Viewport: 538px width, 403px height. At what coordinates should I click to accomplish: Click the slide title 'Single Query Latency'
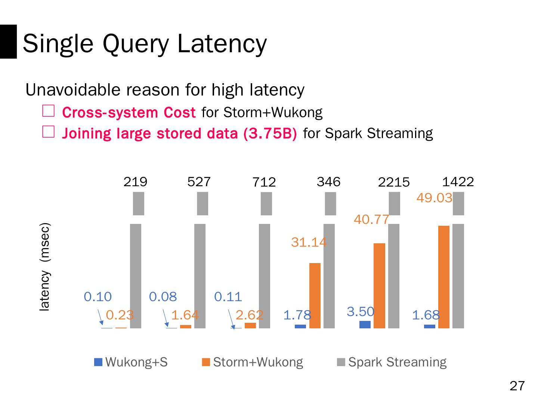coord(145,43)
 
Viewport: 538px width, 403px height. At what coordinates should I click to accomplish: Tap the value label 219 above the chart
coord(135,182)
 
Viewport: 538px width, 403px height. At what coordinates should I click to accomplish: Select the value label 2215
coord(394,182)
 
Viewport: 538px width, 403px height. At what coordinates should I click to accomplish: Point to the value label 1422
coord(458,182)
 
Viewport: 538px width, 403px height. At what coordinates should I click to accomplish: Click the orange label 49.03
coord(434,198)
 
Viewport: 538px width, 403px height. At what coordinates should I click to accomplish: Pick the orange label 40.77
coord(371,220)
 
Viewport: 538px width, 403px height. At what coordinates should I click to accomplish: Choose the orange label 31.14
coord(309,243)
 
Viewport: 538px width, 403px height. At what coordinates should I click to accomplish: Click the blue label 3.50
coord(360,312)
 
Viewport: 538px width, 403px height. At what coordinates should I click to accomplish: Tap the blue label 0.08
coord(163,297)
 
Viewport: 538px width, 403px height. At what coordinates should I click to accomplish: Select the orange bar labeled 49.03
coord(443,277)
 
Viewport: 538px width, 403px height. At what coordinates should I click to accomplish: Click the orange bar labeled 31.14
coord(315,296)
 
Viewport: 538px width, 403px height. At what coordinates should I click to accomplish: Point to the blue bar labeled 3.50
coord(365,324)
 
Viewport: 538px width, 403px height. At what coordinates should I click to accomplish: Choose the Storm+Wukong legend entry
coord(253,362)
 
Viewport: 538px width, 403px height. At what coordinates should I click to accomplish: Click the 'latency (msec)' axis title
coord(45,267)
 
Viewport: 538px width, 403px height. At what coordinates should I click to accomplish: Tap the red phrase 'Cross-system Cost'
coord(129,112)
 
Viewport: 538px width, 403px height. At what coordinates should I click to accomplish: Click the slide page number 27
coord(517,386)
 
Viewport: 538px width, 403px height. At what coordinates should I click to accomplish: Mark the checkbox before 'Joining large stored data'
coord(49,132)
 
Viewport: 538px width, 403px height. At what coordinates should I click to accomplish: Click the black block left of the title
coord(8,41)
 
